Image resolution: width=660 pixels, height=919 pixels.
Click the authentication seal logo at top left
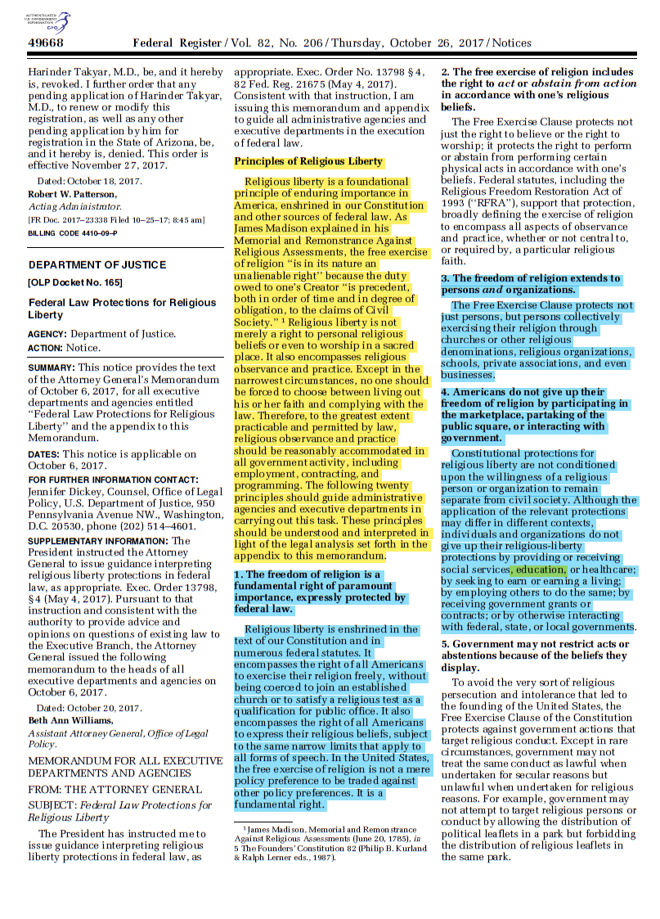(x=48, y=20)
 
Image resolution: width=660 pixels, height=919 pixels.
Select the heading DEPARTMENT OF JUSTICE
(x=97, y=265)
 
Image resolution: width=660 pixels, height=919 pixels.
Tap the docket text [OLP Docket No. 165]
(x=75, y=283)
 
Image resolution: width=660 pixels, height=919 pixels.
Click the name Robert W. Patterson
(x=73, y=194)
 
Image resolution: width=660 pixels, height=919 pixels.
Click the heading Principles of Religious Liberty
(x=308, y=162)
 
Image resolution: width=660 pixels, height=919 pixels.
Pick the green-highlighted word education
(x=539, y=570)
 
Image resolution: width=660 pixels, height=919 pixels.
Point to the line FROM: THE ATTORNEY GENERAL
(x=114, y=790)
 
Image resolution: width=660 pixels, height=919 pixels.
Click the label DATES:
(x=44, y=454)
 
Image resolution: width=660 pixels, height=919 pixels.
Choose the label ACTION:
(x=47, y=348)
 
